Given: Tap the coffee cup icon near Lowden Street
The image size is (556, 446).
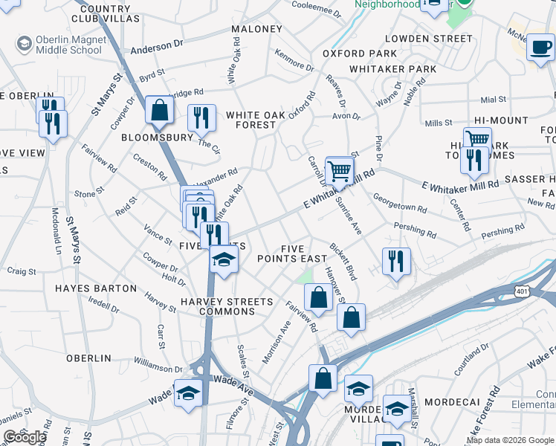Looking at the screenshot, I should click(540, 49).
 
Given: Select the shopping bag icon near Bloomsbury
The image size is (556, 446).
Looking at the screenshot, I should click(159, 111).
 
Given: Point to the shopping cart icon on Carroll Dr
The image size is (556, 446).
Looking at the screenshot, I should click(339, 171).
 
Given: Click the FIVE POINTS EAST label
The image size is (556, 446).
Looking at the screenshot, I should click(292, 253).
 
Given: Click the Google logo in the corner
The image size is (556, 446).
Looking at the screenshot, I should click(25, 437).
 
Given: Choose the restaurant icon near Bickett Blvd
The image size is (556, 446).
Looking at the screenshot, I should click(395, 262).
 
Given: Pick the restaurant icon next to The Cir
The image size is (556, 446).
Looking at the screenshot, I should click(201, 117).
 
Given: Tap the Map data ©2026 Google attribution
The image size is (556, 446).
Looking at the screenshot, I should click(510, 440).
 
